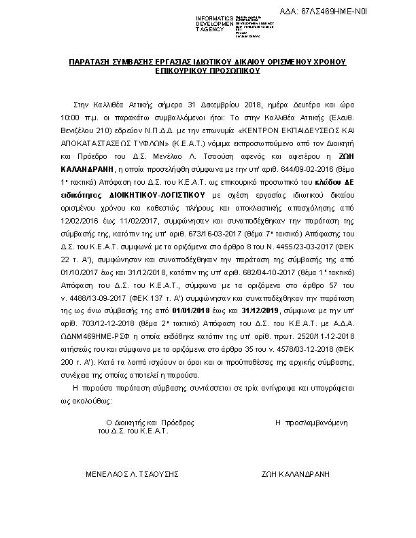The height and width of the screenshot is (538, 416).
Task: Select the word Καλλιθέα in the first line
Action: point(115,107)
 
